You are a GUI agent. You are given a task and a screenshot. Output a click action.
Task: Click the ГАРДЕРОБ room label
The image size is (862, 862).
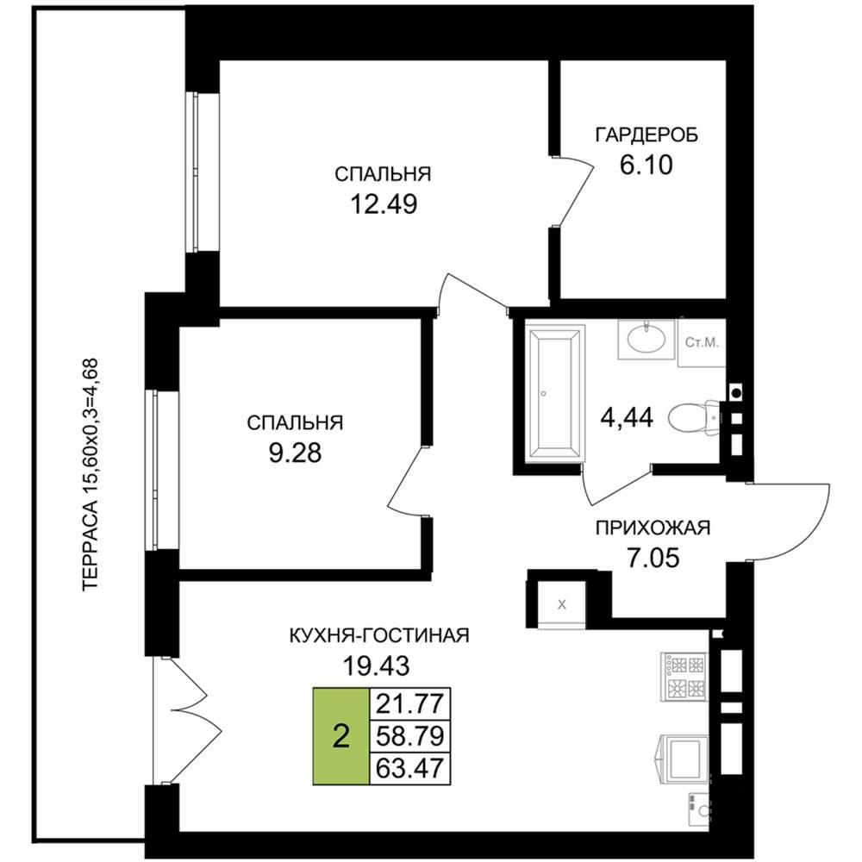click(646, 134)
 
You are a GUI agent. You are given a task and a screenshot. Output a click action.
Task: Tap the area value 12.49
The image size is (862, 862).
click(384, 204)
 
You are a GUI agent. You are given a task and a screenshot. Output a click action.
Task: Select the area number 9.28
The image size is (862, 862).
click(295, 453)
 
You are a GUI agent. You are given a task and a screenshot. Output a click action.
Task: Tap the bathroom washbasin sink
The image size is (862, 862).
click(646, 340)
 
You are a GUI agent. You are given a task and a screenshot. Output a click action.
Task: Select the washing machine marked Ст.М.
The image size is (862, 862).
click(702, 343)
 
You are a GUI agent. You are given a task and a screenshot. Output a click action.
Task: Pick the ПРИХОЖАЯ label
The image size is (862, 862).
click(653, 528)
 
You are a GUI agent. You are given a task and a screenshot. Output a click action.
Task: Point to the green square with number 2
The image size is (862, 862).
click(341, 735)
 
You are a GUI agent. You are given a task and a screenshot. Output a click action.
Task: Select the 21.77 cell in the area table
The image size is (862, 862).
click(409, 703)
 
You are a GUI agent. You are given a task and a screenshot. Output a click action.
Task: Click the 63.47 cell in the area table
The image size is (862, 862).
click(409, 768)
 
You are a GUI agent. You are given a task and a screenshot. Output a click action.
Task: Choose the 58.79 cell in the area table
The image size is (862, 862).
click(409, 735)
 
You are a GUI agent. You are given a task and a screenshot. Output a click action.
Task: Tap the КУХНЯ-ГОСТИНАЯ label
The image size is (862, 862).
click(379, 635)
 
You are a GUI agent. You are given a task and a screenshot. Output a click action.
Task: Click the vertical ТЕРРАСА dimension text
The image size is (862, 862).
click(90, 475)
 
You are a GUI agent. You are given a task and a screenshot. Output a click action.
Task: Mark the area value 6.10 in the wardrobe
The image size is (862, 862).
click(646, 165)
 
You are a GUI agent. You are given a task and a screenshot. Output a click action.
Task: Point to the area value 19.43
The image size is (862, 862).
click(376, 666)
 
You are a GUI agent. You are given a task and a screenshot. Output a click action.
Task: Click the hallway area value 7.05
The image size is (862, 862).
click(653, 558)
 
